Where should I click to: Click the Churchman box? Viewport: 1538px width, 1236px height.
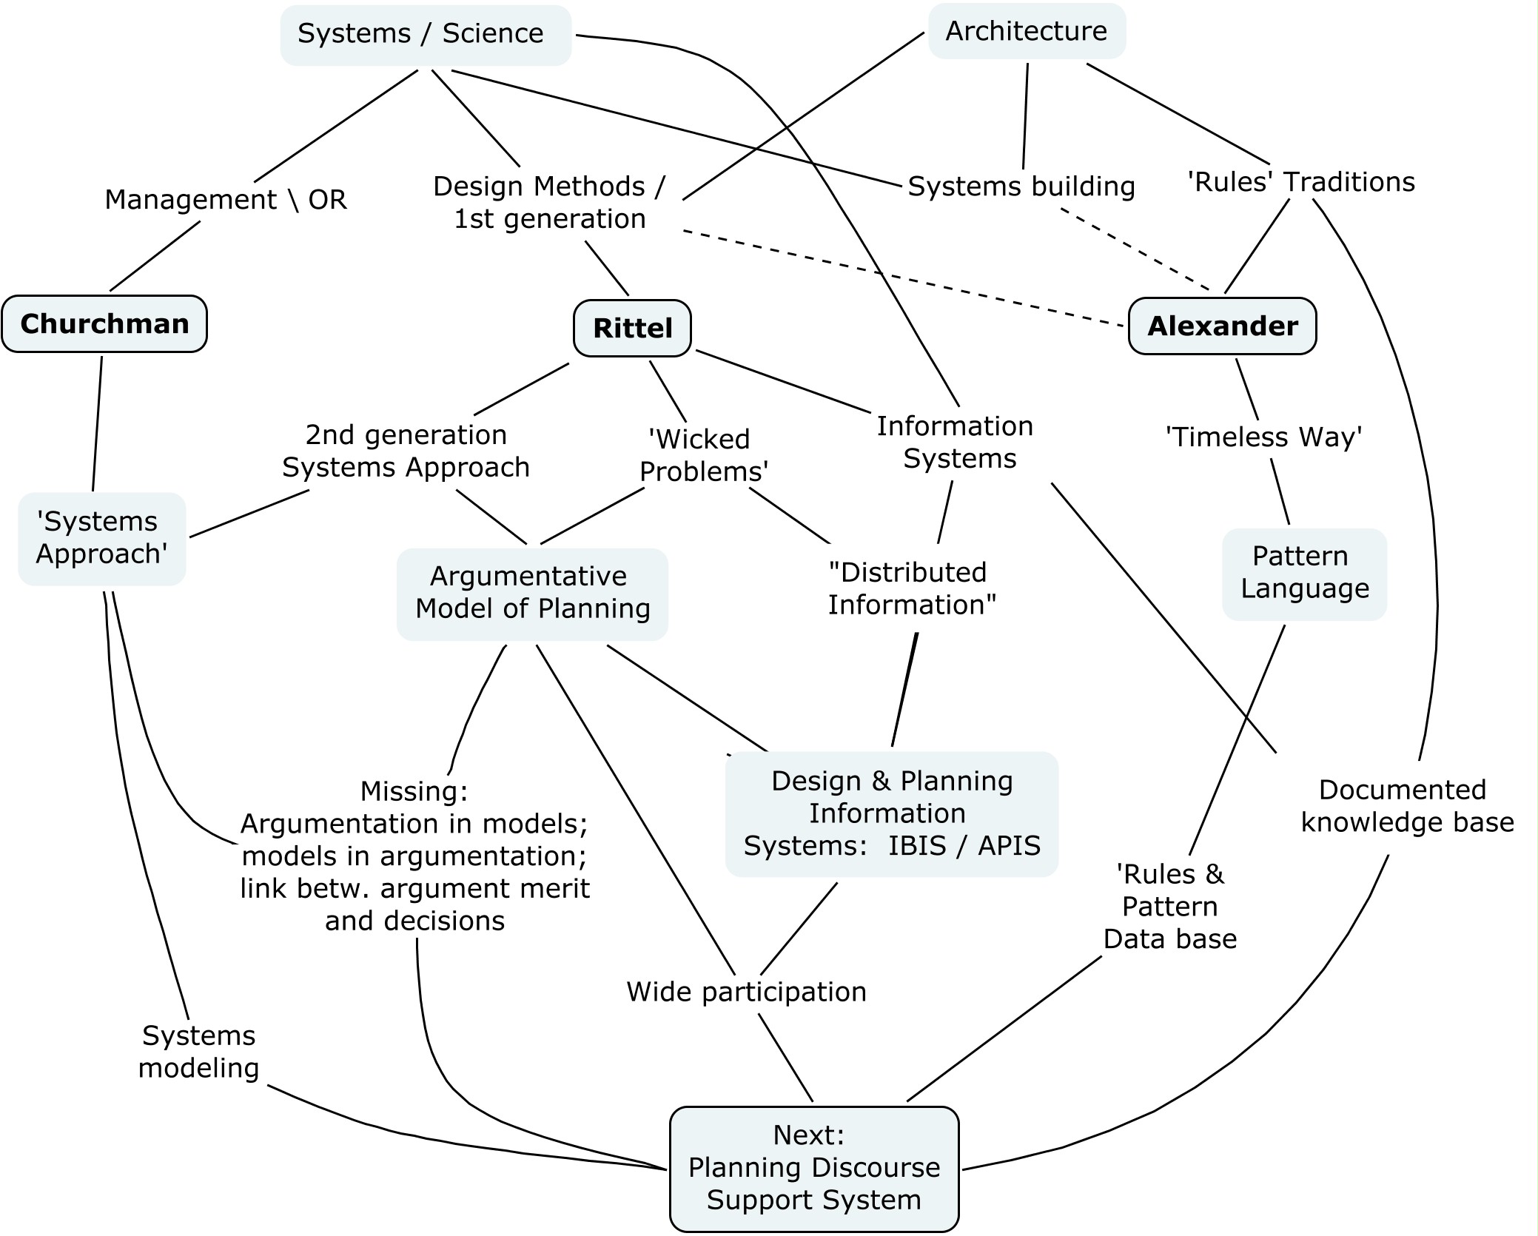pyautogui.click(x=104, y=324)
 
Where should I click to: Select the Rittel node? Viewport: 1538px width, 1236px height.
pyautogui.click(x=632, y=328)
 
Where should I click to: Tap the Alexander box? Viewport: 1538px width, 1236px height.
pyautogui.click(x=1222, y=326)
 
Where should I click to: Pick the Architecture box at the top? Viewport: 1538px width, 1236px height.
pyautogui.click(x=1027, y=31)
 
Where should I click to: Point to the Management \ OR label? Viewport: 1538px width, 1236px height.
pyautogui.click(x=226, y=200)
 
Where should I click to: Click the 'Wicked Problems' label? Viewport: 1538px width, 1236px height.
pyautogui.click(x=702, y=455)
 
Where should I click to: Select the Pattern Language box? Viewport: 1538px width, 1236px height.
pyautogui.click(x=1304, y=573)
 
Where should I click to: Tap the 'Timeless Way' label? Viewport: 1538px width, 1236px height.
pyautogui.click(x=1263, y=437)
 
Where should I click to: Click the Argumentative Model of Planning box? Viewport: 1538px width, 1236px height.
pyautogui.click(x=532, y=593)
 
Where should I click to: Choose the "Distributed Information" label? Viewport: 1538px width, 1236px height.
pyautogui.click(x=911, y=588)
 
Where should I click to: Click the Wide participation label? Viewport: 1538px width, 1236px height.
pyautogui.click(x=746, y=992)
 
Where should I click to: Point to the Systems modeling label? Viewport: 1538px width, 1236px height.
pyautogui.click(x=198, y=1052)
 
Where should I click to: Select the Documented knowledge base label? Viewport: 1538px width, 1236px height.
pyautogui.click(x=1406, y=806)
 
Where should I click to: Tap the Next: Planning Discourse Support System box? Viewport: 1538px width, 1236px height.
pyautogui.click(x=813, y=1167)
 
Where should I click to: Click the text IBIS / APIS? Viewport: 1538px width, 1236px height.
pyautogui.click(x=964, y=845)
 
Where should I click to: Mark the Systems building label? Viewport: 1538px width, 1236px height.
pyautogui.click(x=1021, y=187)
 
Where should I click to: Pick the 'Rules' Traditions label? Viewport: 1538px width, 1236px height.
pyautogui.click(x=1300, y=182)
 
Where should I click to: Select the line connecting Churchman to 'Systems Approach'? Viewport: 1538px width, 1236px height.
pyautogui.click(x=97, y=423)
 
